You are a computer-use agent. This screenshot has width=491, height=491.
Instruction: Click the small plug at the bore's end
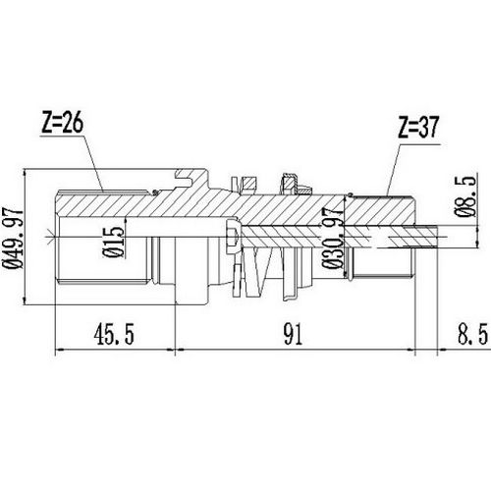(x=231, y=236)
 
